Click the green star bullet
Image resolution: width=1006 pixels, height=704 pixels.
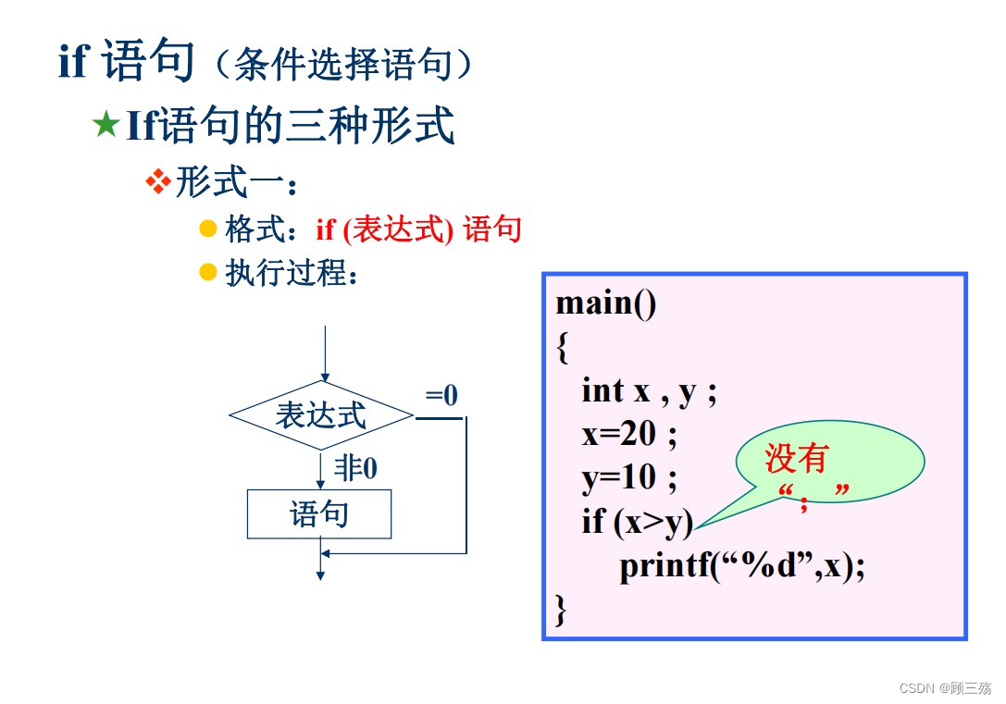tap(106, 126)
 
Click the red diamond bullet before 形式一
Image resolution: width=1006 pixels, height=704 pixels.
tap(159, 180)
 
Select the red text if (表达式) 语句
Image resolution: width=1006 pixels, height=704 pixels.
tap(419, 228)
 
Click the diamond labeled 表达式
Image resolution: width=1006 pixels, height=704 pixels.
tap(321, 415)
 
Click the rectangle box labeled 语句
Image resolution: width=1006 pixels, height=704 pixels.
tap(319, 514)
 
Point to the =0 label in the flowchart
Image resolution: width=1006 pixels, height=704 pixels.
tap(441, 396)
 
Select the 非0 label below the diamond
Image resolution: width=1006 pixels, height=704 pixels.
tap(355, 469)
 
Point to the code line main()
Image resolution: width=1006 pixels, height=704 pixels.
tap(606, 303)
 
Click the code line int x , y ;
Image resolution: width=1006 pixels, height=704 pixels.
tap(649, 391)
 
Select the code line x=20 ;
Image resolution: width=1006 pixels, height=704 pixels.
tap(629, 434)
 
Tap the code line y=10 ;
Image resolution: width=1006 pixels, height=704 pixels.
tap(629, 478)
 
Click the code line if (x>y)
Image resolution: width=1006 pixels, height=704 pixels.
tap(637, 522)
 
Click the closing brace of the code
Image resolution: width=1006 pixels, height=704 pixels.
tap(561, 608)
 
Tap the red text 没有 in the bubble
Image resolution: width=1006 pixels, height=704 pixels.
tap(796, 458)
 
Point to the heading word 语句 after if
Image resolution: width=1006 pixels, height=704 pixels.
tap(148, 62)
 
